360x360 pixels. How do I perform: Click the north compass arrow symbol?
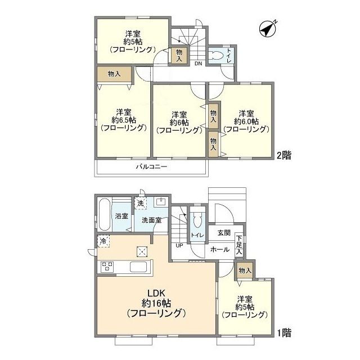[268, 29]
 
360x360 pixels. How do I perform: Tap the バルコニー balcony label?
[151, 166]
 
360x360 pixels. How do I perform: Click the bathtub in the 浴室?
[104, 215]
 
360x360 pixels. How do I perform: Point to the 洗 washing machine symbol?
[141, 203]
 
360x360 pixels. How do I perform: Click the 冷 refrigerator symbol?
[103, 241]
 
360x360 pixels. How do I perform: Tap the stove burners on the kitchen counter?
[107, 267]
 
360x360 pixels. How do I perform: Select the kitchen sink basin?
[138, 267]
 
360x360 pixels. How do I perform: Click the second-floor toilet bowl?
[217, 55]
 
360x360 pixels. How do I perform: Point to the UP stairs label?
[179, 245]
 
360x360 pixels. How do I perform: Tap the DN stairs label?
[199, 64]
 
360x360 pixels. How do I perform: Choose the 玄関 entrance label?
[224, 233]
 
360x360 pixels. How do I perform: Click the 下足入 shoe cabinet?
[239, 245]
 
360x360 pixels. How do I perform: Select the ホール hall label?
[220, 249]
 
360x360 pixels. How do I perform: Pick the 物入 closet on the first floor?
[245, 271]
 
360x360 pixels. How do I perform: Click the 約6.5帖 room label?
[124, 120]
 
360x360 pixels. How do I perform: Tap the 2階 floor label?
[284, 156]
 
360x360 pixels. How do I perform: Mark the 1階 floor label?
[284, 333]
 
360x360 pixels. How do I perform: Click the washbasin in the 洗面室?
[161, 202]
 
